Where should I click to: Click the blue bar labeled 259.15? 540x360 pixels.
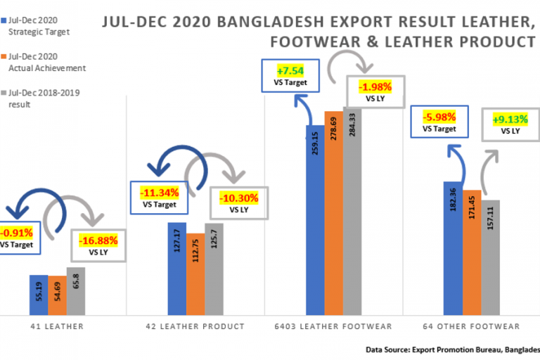pos(315,219)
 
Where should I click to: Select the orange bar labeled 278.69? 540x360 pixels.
pos(333,212)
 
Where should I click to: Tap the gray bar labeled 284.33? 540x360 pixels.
pos(352,211)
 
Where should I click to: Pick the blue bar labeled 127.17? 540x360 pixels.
pos(177,268)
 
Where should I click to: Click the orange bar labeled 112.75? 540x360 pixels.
pos(195,273)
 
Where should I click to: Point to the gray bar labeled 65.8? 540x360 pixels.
pos(76,290)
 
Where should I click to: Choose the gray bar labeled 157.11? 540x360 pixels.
pos(489,257)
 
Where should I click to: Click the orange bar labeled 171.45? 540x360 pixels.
pos(471,252)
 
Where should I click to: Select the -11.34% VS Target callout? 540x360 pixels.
pos(159,197)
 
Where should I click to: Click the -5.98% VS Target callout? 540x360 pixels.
pos(440,122)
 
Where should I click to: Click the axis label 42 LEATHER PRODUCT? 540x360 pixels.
pos(195,326)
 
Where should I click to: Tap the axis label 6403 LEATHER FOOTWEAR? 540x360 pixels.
pos(333,326)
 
